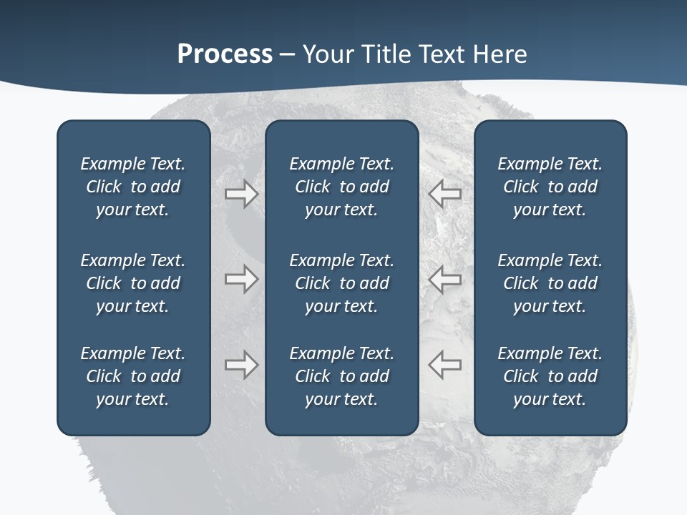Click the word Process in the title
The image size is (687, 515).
tap(225, 54)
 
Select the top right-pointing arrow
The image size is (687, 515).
tap(241, 193)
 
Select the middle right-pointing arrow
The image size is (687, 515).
tap(241, 279)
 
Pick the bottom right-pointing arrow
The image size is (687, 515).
tap(241, 365)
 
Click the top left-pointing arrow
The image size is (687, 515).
tap(444, 193)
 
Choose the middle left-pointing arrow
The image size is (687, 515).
tap(444, 279)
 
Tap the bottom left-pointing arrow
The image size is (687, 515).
tap(444, 365)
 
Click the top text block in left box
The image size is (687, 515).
tap(133, 187)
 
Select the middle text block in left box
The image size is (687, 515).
tap(133, 283)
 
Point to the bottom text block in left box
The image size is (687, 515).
tap(133, 376)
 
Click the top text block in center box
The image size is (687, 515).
tap(341, 187)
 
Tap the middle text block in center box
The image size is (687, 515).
tap(341, 283)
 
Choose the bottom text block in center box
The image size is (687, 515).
tap(341, 376)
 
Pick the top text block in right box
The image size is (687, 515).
tap(550, 187)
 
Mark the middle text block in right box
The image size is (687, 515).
tap(550, 283)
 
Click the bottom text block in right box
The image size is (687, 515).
tap(550, 376)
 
